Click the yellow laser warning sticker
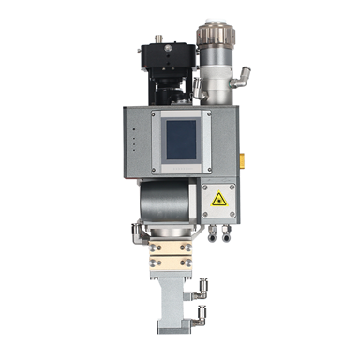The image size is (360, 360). coord(219,199)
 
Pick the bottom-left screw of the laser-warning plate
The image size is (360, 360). coord(206,213)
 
